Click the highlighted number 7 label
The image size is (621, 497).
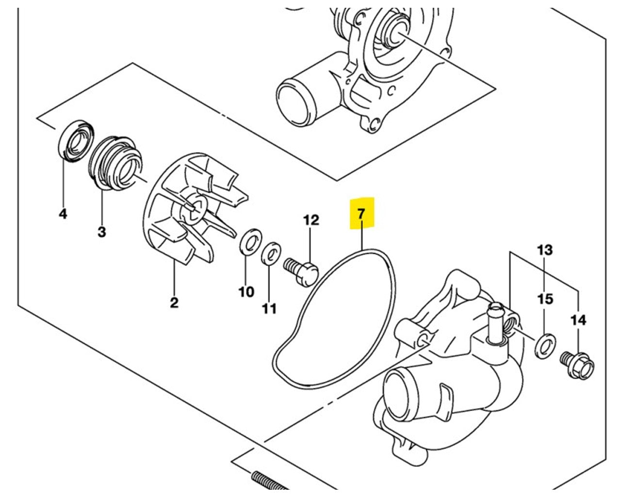coord(361,213)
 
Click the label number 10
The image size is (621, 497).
coord(246,292)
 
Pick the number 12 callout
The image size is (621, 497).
coord(311,220)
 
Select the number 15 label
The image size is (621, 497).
coord(545,298)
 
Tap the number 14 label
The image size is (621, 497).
coord(578,320)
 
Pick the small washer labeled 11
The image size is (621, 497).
coord(271,253)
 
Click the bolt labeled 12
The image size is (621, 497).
coord(302,268)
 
